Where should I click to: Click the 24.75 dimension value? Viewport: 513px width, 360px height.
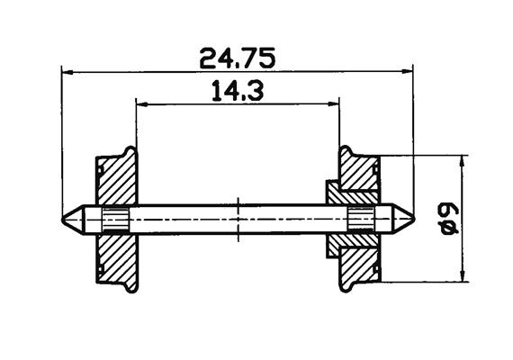238,58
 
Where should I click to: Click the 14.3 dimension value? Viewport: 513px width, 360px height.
238,91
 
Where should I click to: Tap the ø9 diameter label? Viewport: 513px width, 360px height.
449,219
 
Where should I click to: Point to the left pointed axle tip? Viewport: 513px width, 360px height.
62,219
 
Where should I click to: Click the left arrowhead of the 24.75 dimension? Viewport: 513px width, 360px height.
68,72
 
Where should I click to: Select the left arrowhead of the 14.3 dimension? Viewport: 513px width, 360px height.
142,104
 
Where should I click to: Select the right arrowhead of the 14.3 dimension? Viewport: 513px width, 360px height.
333,104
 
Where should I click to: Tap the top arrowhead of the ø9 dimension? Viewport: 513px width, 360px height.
463,161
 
